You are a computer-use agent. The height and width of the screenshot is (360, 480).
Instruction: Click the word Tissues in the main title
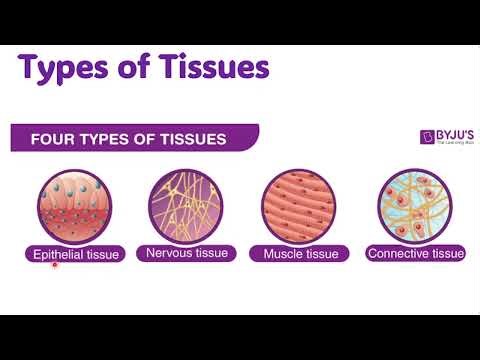(x=212, y=68)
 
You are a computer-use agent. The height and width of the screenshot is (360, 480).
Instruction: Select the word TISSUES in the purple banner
(x=189, y=137)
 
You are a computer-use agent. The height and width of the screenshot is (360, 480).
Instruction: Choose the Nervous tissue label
(x=187, y=253)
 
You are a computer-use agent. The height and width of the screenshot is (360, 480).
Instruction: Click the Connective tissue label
(x=415, y=254)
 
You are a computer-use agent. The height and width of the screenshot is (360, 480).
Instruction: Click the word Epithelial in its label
(x=56, y=254)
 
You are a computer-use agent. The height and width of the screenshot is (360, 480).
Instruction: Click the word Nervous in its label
(x=169, y=253)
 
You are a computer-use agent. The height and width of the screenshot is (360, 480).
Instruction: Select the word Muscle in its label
(x=282, y=254)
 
